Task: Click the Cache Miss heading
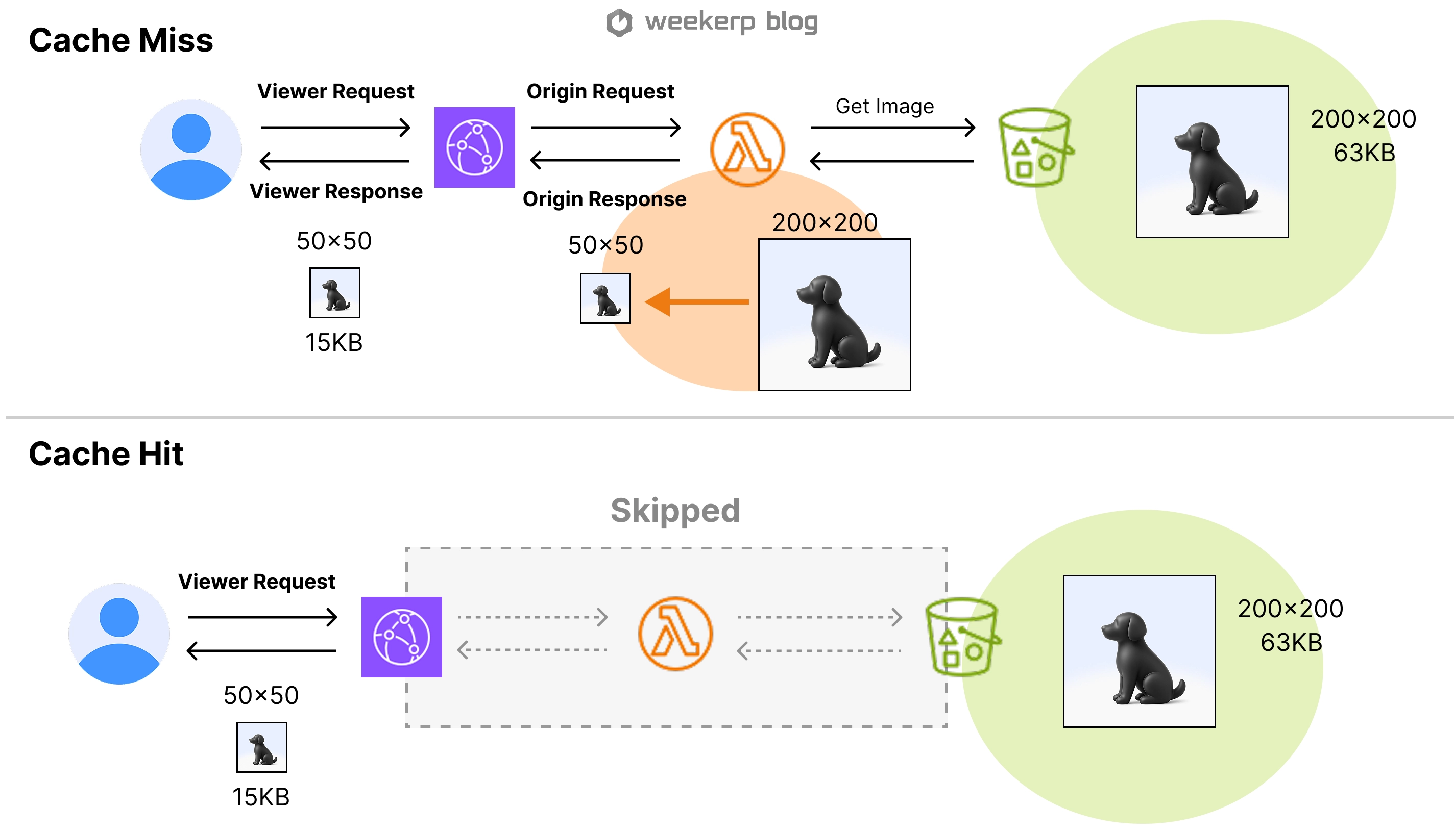tap(120, 41)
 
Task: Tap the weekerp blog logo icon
tap(619, 23)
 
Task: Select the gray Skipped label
tap(675, 510)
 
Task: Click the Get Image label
tap(885, 106)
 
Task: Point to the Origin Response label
tap(604, 199)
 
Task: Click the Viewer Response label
tap(336, 191)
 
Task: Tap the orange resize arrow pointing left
tap(697, 301)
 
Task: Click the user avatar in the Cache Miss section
tap(191, 149)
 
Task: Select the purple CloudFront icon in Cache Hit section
tap(401, 637)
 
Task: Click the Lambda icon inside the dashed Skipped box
tap(675, 633)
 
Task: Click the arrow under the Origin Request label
tap(605, 127)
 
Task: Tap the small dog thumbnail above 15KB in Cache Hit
tap(262, 747)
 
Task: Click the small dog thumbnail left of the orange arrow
tap(605, 298)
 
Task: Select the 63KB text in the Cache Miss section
tap(1364, 153)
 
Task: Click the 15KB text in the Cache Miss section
tap(334, 343)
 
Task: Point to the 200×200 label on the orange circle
tap(825, 222)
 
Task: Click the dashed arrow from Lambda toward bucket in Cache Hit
tap(819, 617)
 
